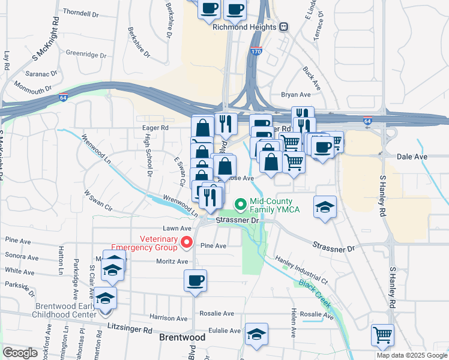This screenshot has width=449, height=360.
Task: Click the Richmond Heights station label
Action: tap(245, 26)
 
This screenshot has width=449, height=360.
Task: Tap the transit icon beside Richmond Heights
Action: tap(283, 26)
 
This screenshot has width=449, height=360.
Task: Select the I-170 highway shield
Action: tap(256, 52)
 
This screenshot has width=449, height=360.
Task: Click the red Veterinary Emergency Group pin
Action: tap(186, 243)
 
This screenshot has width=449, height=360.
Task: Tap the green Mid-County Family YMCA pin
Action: tap(241, 205)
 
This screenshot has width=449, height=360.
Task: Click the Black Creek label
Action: tap(315, 293)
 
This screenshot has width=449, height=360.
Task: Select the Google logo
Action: tap(20, 353)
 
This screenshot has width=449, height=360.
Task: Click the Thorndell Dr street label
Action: tap(80, 13)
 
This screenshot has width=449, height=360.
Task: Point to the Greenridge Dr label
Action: tap(86, 53)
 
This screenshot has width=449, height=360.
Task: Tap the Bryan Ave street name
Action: tap(296, 95)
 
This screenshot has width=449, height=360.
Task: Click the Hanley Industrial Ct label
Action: tap(301, 270)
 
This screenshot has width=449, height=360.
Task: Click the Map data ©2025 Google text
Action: tap(412, 355)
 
